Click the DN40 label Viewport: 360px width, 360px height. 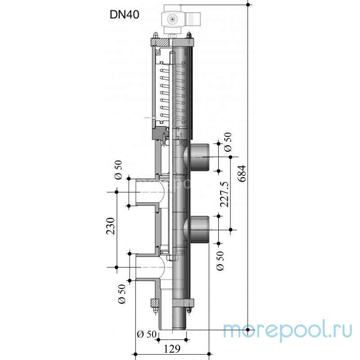pyautogui.click(x=125, y=15)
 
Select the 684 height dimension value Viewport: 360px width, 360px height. pyautogui.click(x=242, y=173)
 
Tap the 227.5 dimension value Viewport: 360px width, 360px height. pyautogui.click(x=225, y=194)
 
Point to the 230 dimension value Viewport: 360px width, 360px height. pyautogui.click(x=110, y=226)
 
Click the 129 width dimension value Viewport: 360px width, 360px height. pyautogui.click(x=172, y=349)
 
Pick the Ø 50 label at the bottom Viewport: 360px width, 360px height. pyautogui.click(x=147, y=334)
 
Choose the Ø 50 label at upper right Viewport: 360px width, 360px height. pyautogui.click(x=228, y=142)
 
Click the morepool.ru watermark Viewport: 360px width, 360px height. pyautogui.click(x=288, y=330)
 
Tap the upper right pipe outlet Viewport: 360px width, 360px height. pyautogui.click(x=199, y=157)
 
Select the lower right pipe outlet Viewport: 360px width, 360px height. pyautogui.click(x=199, y=229)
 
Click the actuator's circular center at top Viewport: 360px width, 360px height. pyautogui.click(x=172, y=19)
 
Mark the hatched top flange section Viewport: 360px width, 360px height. pyautogui.click(x=160, y=42)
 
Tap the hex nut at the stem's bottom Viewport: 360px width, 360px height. pyautogui.click(x=171, y=257)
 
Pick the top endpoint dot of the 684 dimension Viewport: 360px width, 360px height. pyautogui.click(x=248, y=4)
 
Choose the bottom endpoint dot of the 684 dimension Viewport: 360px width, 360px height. pyautogui.click(x=248, y=330)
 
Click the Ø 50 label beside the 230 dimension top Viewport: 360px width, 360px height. pyautogui.click(x=118, y=170)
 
